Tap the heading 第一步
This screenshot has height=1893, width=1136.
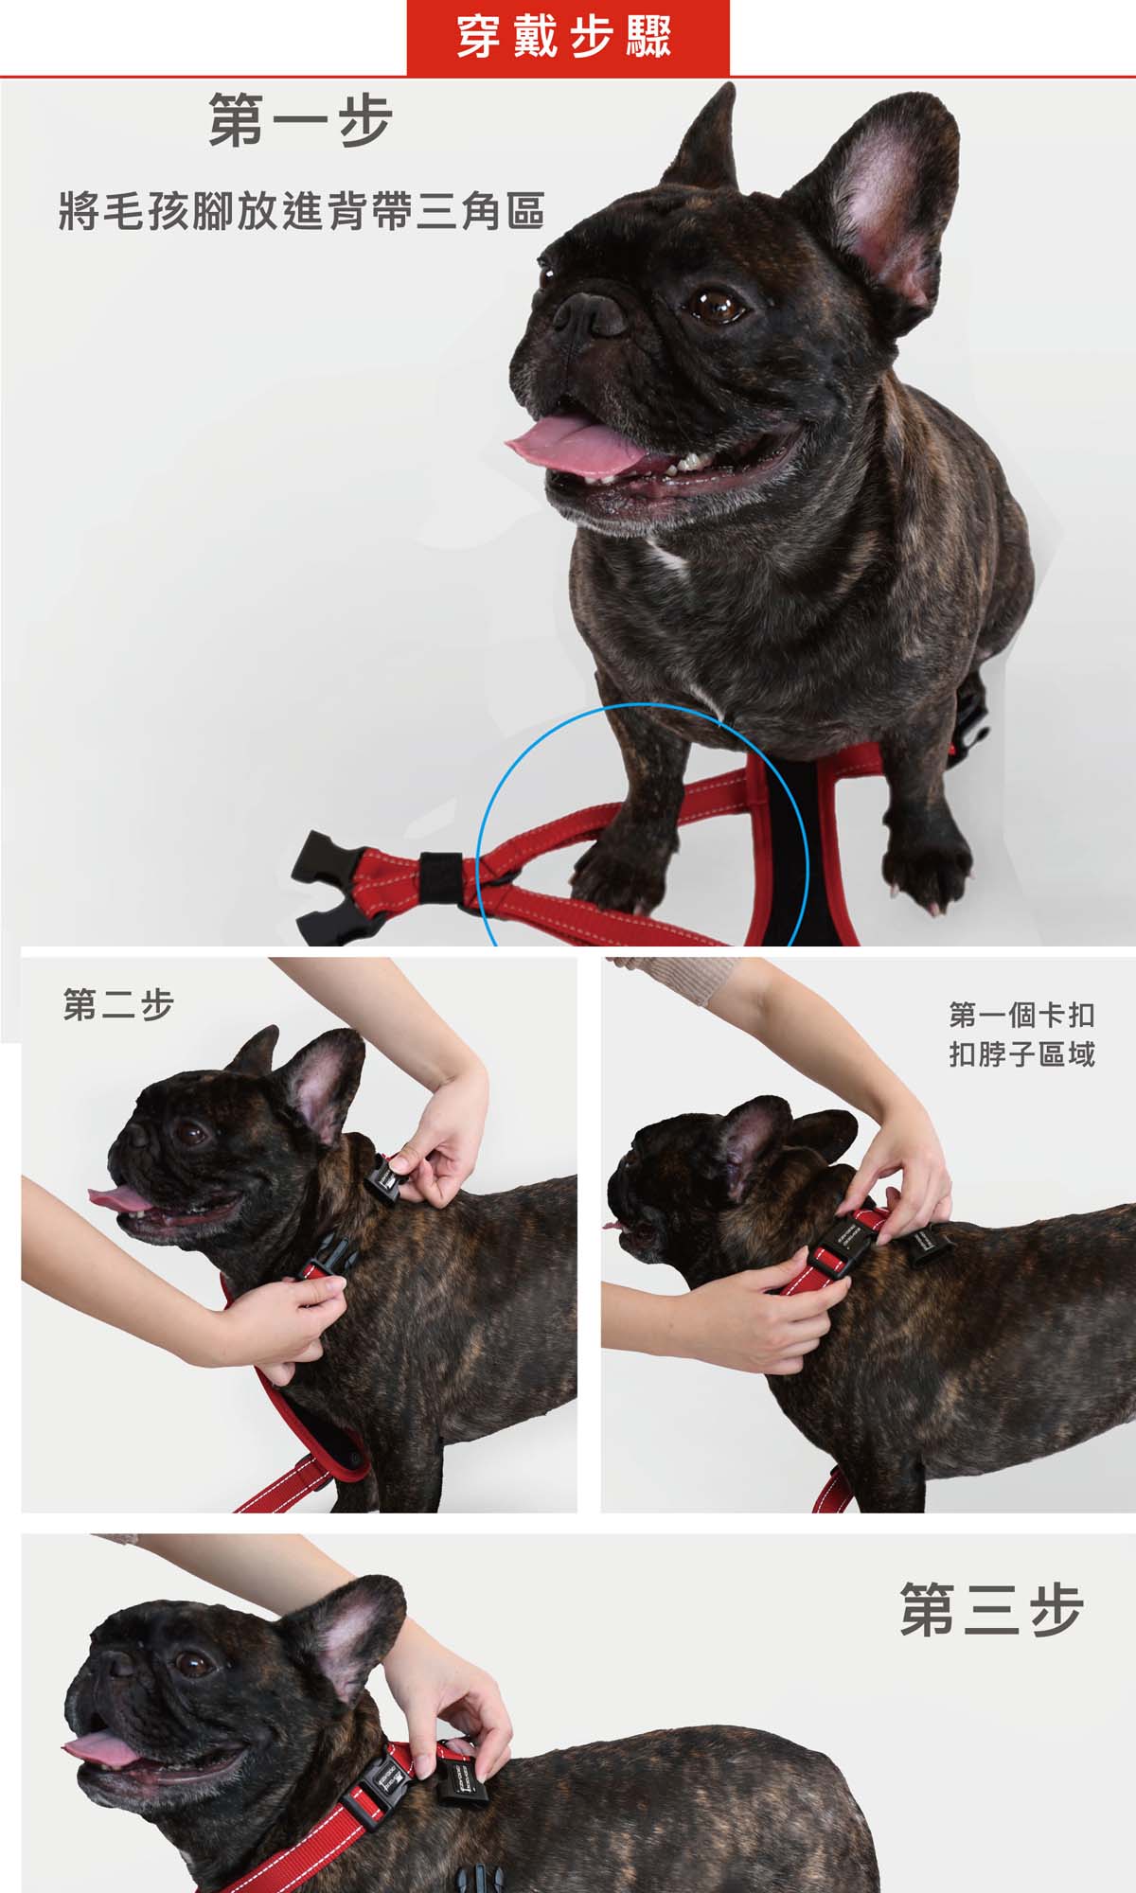pyautogui.click(x=300, y=120)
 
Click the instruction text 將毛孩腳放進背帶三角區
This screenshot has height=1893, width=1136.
pyautogui.click(x=302, y=211)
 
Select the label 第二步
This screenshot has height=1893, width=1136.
pyautogui.click(x=118, y=1005)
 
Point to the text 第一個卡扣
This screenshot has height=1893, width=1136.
pyautogui.click(x=1021, y=1016)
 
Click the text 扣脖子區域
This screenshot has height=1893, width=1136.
pyautogui.click(x=1021, y=1053)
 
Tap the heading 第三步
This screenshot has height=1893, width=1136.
pyautogui.click(x=991, y=1609)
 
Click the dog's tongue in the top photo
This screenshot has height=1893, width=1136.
pyautogui.click(x=574, y=448)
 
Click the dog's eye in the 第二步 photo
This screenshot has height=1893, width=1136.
pyautogui.click(x=195, y=1131)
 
